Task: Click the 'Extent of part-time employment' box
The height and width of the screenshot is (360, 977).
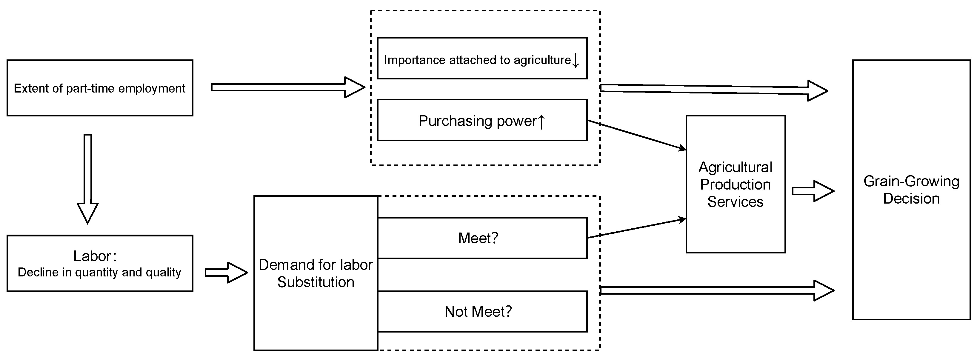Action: [x=100, y=88]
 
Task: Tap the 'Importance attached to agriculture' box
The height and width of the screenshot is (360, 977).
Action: [x=482, y=59]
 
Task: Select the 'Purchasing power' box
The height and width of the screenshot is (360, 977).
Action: [x=482, y=120]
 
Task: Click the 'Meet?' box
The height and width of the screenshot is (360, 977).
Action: [x=482, y=238]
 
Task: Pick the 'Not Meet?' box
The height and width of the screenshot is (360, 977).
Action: [x=482, y=311]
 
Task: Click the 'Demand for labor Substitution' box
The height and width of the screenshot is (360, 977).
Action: [x=316, y=273]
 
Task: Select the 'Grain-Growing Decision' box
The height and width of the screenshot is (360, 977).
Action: [x=911, y=190]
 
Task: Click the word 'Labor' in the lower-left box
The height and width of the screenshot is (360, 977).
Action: [x=93, y=256]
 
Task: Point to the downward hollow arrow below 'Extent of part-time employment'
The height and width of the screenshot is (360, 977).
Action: [x=88, y=178]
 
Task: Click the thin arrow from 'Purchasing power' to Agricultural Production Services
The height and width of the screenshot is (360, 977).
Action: [x=637, y=135]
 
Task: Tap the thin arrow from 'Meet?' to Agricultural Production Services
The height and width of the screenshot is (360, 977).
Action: [x=637, y=228]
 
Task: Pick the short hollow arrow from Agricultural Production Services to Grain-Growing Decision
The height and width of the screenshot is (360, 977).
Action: [x=813, y=191]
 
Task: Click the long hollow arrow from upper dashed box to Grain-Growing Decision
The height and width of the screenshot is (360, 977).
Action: [x=713, y=90]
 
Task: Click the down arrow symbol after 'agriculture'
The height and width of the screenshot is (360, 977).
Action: [x=575, y=60]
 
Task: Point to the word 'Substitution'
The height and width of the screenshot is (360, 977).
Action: [x=316, y=282]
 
